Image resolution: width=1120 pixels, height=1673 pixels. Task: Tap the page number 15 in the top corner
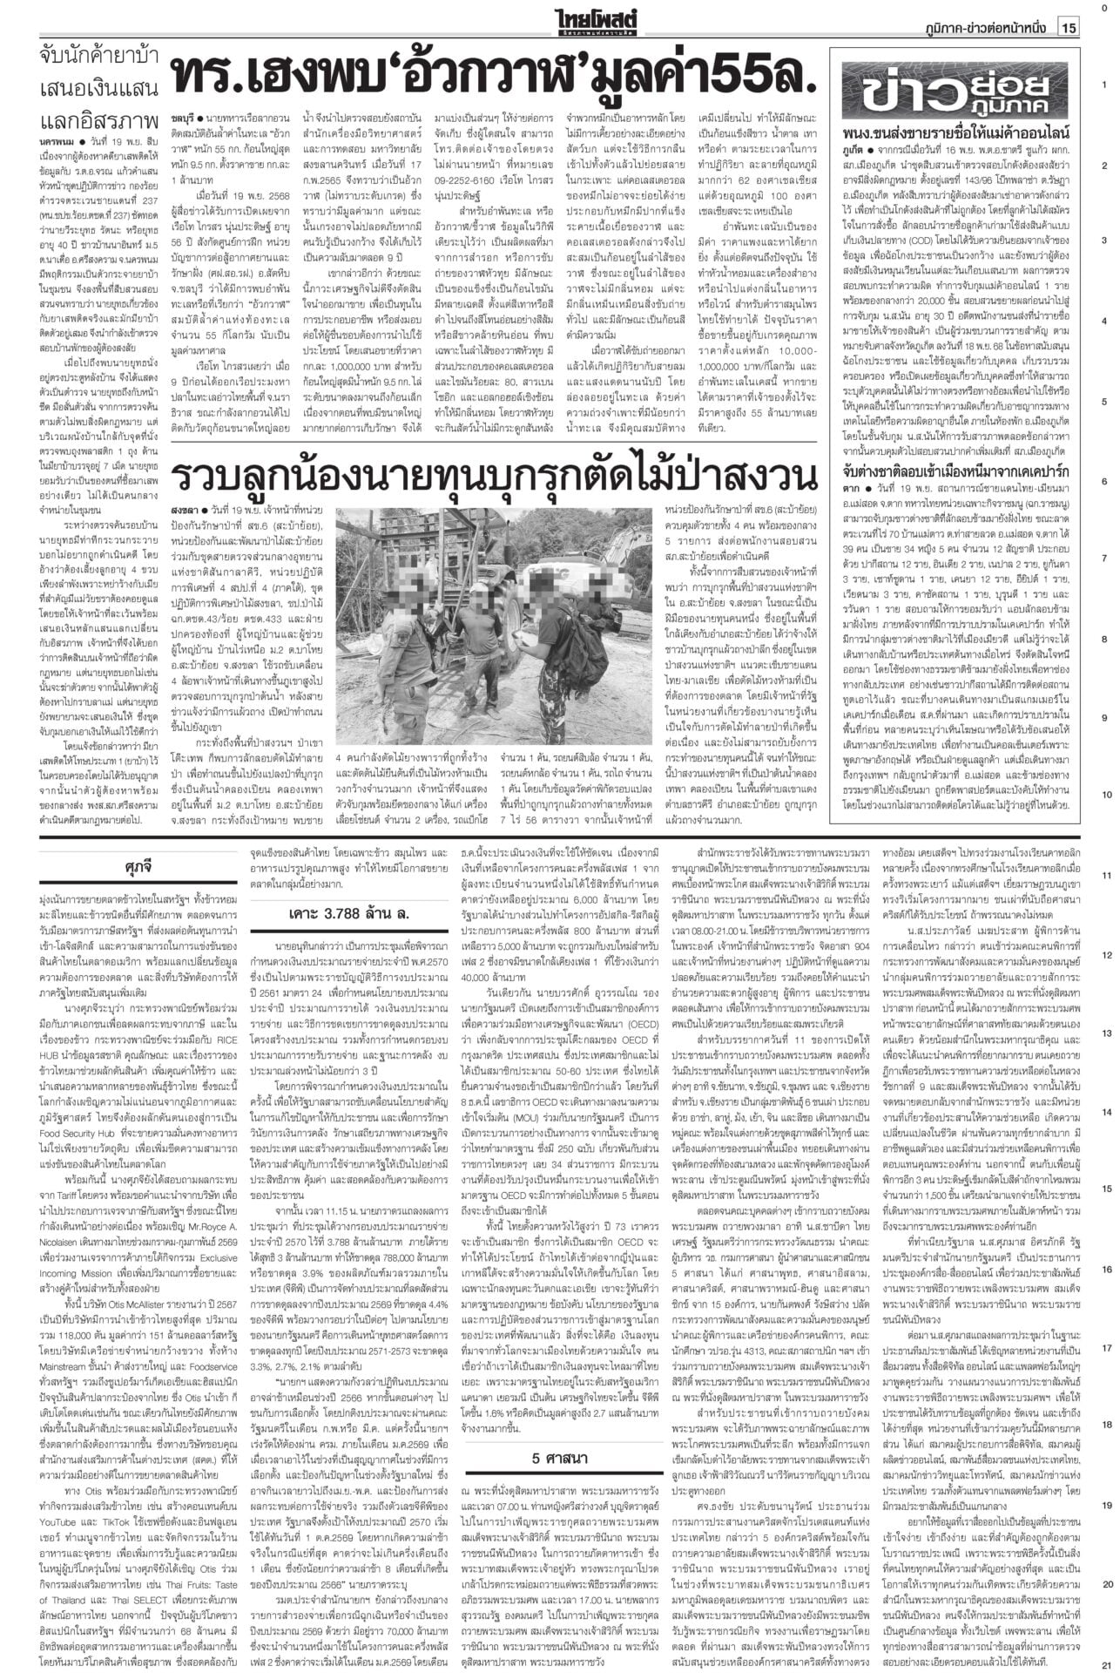tap(1068, 28)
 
